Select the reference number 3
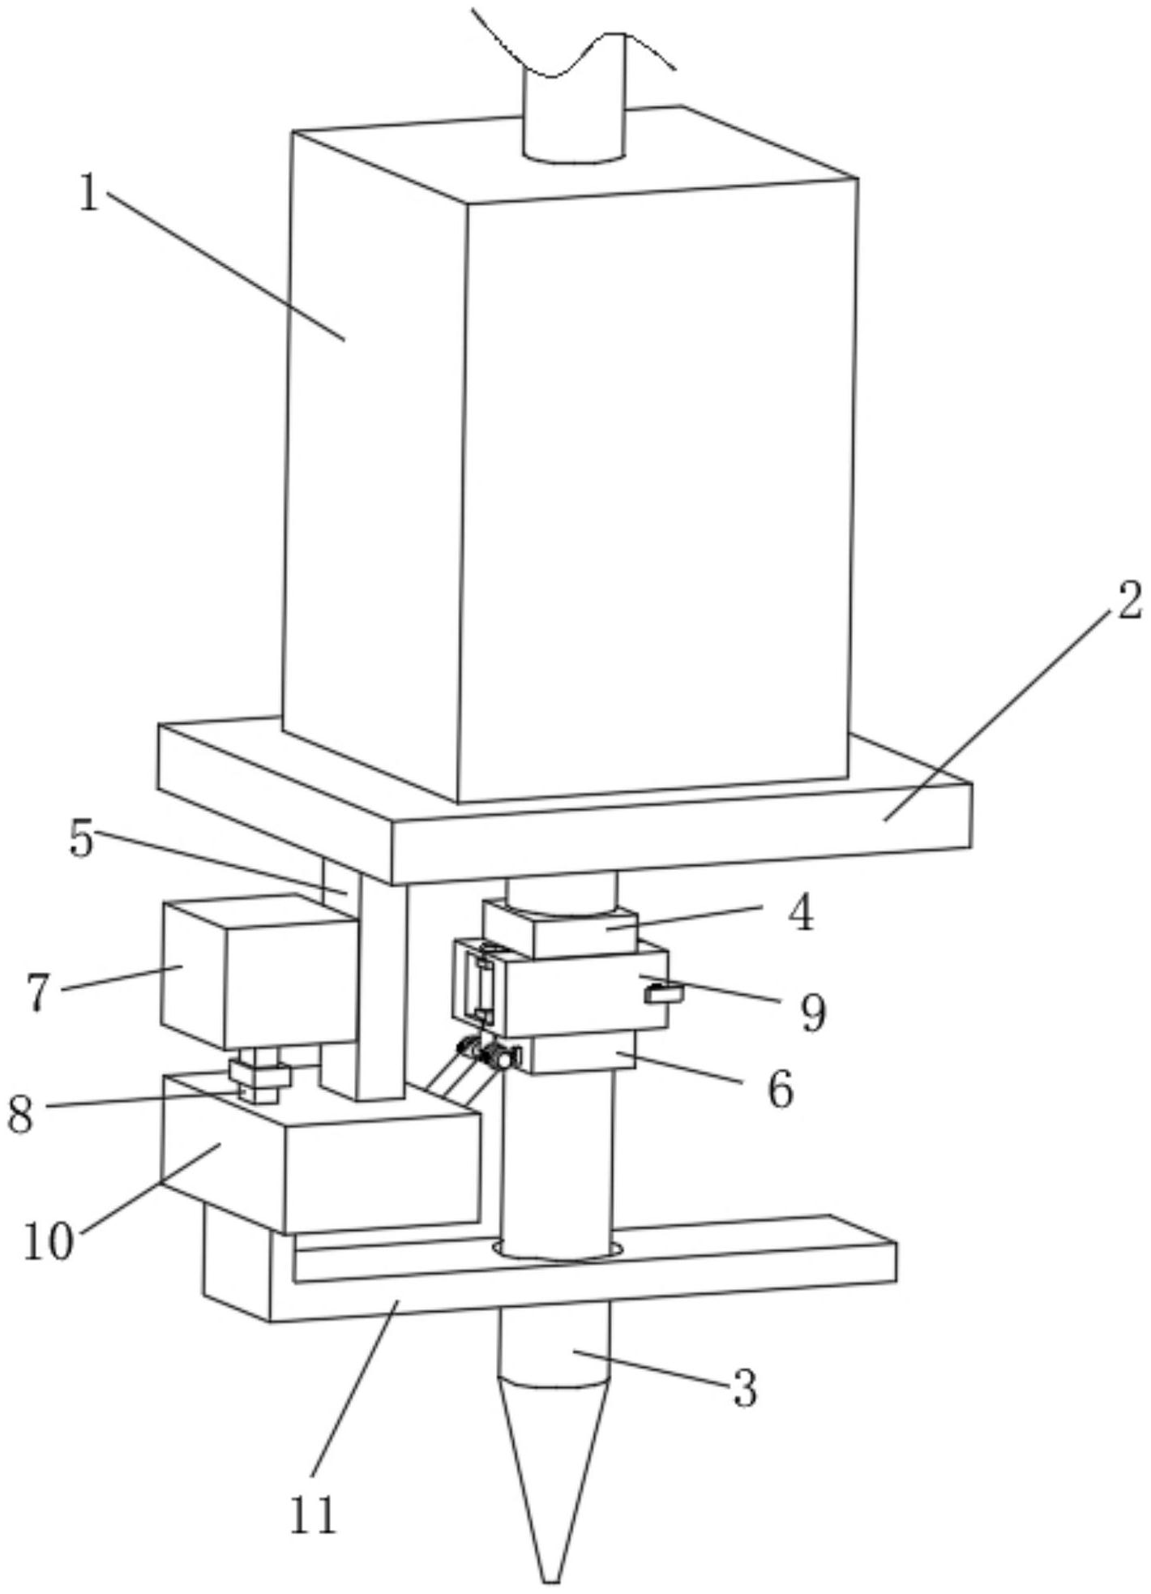[x=744, y=1388]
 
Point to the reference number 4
[x=800, y=914]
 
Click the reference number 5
[x=81, y=840]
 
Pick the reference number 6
[x=780, y=1089]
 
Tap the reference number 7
[x=39, y=991]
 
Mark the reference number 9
[x=813, y=1012]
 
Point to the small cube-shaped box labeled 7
[x=259, y=973]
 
